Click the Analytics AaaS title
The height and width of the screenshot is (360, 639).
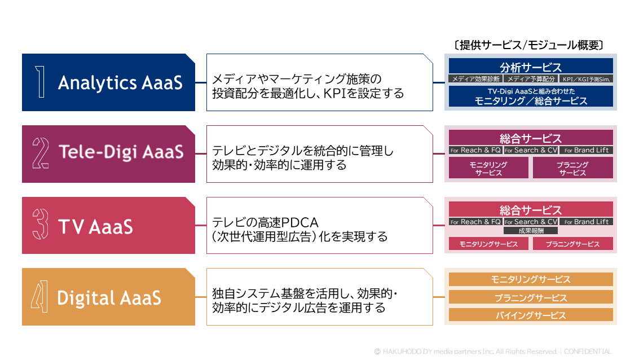point(120,83)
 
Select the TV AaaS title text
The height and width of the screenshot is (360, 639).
point(95,226)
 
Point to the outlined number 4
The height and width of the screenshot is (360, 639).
point(39,297)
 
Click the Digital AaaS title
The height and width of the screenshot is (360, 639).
point(109,297)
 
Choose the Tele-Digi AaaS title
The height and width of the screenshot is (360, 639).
point(121,152)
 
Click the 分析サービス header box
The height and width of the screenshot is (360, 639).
point(530,67)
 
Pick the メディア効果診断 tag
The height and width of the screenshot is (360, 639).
point(474,79)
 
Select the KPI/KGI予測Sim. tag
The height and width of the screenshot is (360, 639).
point(587,79)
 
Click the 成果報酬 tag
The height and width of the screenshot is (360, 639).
point(530,230)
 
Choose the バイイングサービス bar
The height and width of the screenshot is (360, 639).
point(530,315)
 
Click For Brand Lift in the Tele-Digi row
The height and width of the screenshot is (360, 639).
point(587,151)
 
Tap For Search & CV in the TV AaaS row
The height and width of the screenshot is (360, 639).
point(530,222)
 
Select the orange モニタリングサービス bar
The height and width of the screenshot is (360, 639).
point(530,279)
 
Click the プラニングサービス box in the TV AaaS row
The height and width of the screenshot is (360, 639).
point(572,244)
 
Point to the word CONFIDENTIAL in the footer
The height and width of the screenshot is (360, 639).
point(587,351)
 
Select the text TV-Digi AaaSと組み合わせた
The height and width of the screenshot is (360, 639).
point(530,91)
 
